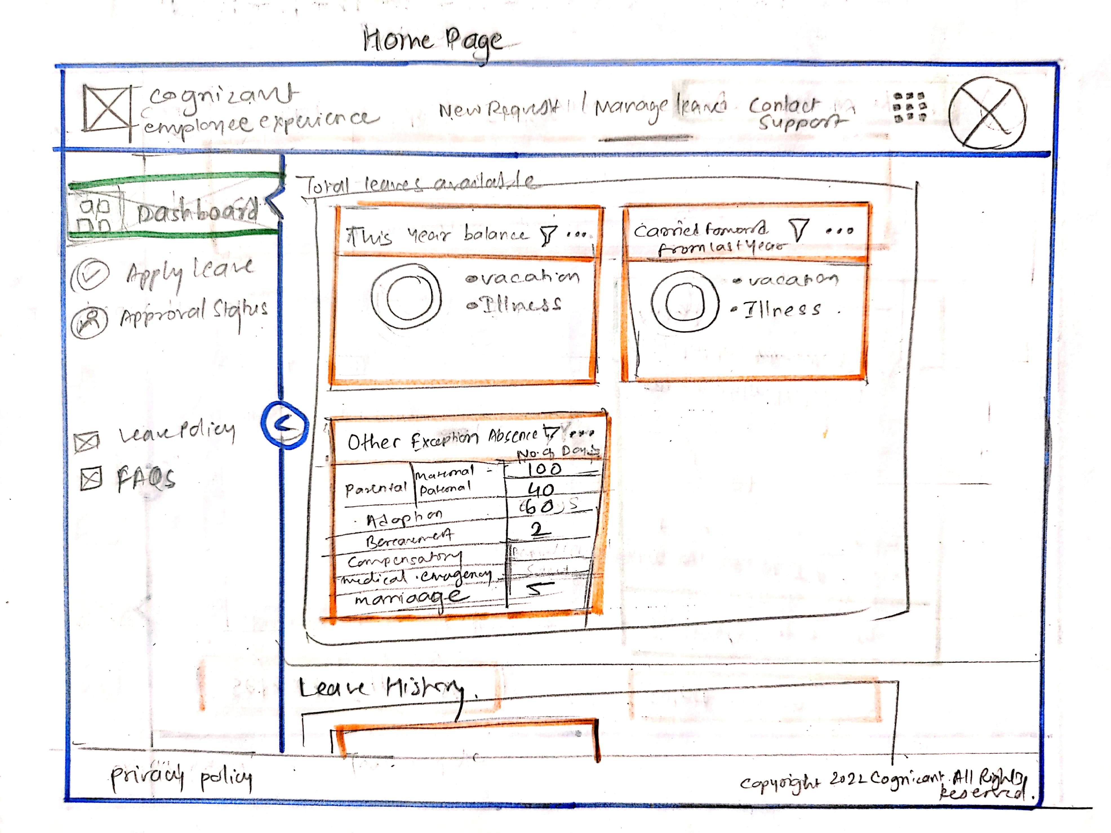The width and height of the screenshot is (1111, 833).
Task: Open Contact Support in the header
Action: (794, 113)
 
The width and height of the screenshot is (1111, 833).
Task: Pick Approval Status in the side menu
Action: (193, 314)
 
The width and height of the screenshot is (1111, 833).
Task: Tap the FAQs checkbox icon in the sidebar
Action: (92, 478)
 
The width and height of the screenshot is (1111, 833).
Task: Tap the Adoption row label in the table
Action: (404, 518)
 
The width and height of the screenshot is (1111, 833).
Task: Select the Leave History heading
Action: (382, 688)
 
